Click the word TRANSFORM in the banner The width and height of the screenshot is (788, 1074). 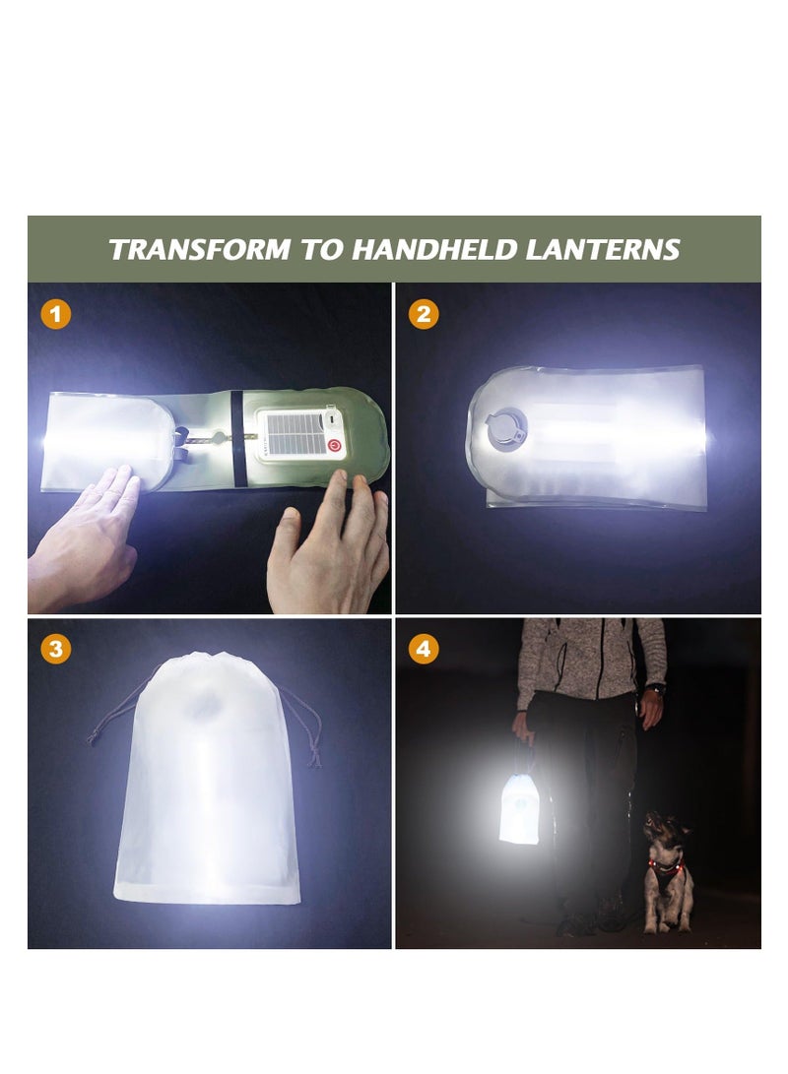pos(201,250)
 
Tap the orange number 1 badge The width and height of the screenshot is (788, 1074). pos(56,314)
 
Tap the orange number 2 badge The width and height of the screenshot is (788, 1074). pos(424,314)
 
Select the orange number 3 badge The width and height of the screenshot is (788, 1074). pos(56,649)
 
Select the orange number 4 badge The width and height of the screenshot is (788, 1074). pos(424,649)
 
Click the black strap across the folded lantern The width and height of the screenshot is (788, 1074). pos(234,438)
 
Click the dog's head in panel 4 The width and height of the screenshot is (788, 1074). pos(663,829)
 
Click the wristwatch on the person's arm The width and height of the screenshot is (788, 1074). pos(656,688)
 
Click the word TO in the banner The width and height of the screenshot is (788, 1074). pos(320,250)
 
